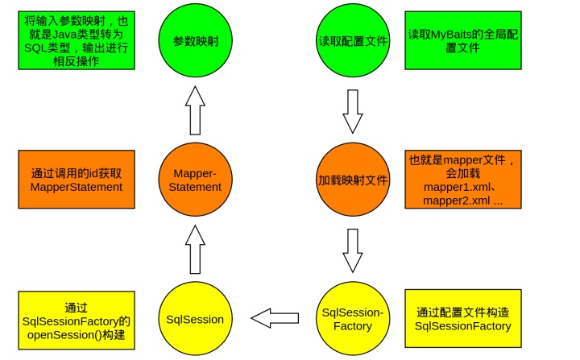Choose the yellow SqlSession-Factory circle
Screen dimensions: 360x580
(354, 319)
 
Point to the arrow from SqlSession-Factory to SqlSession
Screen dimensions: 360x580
(278, 319)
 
